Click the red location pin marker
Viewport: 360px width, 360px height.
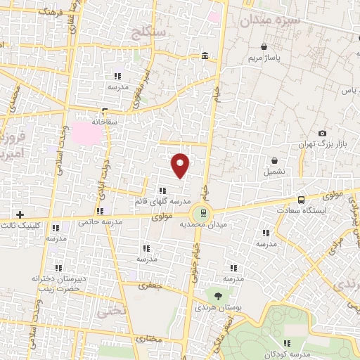pyautogui.click(x=181, y=165)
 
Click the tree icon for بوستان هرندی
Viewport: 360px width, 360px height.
pyautogui.click(x=218, y=295)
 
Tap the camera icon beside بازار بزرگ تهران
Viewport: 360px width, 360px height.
pyautogui.click(x=323, y=134)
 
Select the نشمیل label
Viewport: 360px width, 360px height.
pyautogui.click(x=275, y=172)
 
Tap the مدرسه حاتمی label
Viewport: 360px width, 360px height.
pyautogui.click(x=100, y=222)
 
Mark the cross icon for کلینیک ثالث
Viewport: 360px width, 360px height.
pyautogui.click(x=20, y=214)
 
